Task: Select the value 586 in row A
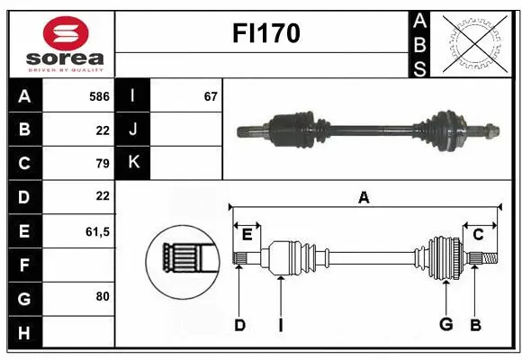(x=99, y=95)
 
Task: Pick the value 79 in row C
(x=102, y=163)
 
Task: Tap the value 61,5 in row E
(x=96, y=231)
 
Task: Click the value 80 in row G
(x=102, y=295)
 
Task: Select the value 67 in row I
(x=211, y=95)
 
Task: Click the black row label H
(x=24, y=333)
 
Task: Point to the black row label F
(x=24, y=265)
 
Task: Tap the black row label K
(x=133, y=163)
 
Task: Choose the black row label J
(x=133, y=130)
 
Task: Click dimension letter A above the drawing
(x=364, y=198)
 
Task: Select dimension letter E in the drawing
(x=247, y=235)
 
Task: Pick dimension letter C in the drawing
(x=479, y=235)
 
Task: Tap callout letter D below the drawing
(x=239, y=325)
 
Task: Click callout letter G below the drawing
(x=445, y=325)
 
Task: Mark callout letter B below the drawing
(x=474, y=325)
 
